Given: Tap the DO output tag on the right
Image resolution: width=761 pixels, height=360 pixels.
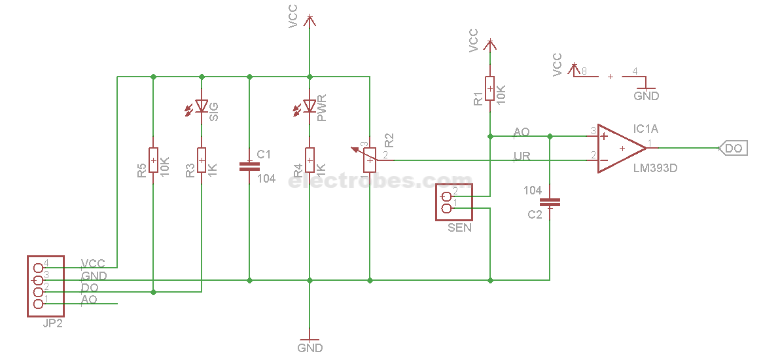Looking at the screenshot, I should coord(734,149).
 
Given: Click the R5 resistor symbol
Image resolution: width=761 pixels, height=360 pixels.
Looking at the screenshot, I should coord(153,160).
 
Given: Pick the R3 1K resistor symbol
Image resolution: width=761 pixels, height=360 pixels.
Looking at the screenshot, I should coord(202,160).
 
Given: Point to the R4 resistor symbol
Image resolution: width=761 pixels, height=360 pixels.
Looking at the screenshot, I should coord(310,160).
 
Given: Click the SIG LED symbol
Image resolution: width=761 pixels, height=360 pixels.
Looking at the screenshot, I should coord(201,106).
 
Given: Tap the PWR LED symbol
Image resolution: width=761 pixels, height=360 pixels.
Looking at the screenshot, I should coord(310,106).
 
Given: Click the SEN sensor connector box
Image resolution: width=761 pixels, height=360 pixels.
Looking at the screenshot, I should coord(454,202).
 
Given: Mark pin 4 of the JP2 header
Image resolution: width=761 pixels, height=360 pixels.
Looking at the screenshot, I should coord(37,267).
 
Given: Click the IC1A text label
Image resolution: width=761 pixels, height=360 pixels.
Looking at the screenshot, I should coord(646,129).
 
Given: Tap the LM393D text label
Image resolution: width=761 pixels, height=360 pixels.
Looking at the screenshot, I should coord(655,168).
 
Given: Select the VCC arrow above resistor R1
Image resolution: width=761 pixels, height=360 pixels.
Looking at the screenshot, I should coord(489,44).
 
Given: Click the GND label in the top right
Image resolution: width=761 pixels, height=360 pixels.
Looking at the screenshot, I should coord(646,96).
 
